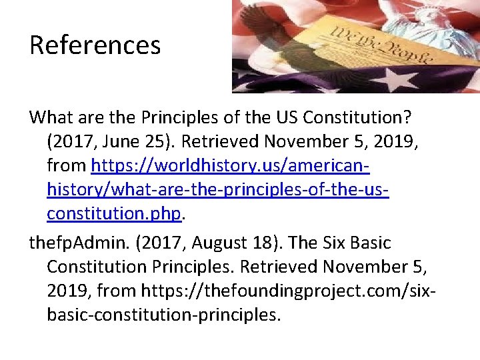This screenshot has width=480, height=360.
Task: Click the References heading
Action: point(95,46)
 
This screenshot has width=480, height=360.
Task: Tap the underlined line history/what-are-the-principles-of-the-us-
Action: point(218,189)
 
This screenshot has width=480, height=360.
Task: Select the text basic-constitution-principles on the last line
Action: point(163,315)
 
